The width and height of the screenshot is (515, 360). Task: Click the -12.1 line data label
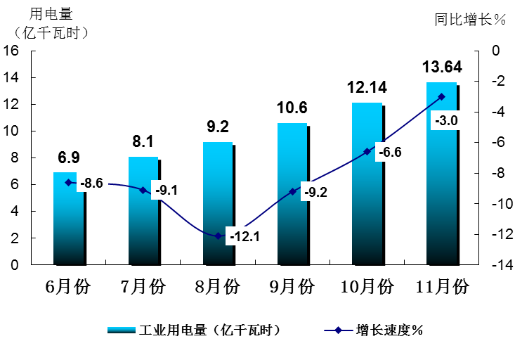point(244,237)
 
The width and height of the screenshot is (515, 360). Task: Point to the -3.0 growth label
point(446,121)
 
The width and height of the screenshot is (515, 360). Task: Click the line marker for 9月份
point(292,192)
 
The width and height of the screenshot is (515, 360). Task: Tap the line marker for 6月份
point(68,183)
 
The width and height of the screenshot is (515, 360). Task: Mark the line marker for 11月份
point(441,97)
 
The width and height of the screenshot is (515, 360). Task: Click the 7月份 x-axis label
point(143,288)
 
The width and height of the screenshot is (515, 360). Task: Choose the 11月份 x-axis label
point(441,288)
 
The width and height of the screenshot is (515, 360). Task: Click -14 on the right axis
point(496,265)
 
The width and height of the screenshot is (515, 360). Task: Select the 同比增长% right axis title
point(470,20)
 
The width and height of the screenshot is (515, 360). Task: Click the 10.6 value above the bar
point(292,108)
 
